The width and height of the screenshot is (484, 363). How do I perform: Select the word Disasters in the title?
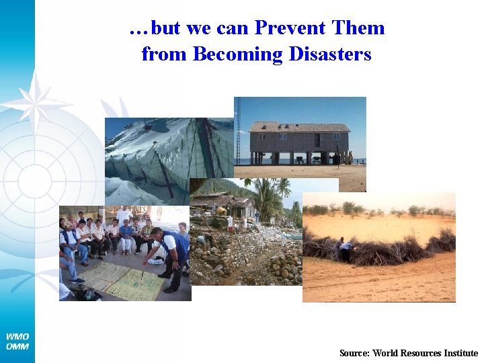click(x=330, y=54)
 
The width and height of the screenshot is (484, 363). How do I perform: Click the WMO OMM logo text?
click(x=17, y=341)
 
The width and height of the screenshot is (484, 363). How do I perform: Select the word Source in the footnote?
click(x=354, y=353)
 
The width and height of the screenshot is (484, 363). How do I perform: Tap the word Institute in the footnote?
click(x=459, y=353)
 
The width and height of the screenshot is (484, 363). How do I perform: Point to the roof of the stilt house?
click(x=299, y=127)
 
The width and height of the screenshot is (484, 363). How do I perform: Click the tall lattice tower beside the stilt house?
click(x=237, y=131)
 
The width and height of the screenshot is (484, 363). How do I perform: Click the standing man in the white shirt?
click(x=124, y=218)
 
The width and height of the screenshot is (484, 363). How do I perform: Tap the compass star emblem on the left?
click(x=34, y=101)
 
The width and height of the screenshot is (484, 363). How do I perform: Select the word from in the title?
click(x=165, y=54)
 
